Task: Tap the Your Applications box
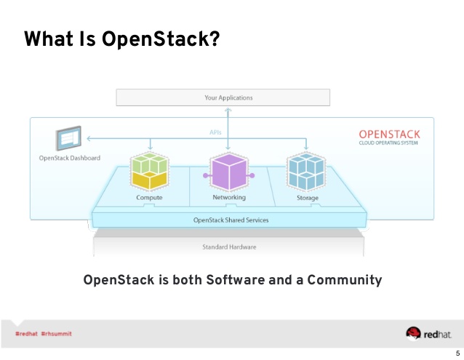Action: pyautogui.click(x=223, y=97)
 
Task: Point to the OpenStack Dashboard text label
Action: pyautogui.click(x=70, y=158)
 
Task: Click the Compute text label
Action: pyautogui.click(x=149, y=198)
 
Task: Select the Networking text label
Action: pyautogui.click(x=229, y=198)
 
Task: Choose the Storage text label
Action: pyautogui.click(x=307, y=198)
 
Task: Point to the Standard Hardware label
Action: pyautogui.click(x=229, y=247)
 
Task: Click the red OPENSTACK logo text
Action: pyautogui.click(x=389, y=135)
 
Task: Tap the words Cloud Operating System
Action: pyautogui.click(x=389, y=143)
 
